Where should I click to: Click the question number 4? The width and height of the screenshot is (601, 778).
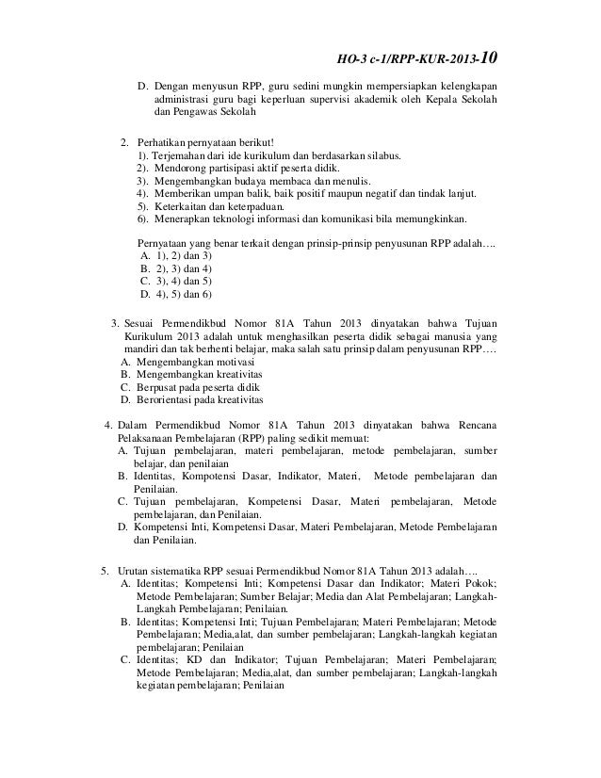107,423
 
